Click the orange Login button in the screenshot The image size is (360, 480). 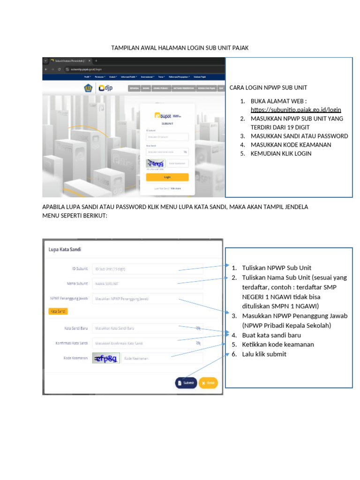[167, 177]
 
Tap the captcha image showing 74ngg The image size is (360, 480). [155, 163]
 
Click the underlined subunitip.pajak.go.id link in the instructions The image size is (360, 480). [296, 110]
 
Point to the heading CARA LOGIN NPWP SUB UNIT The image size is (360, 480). [268, 88]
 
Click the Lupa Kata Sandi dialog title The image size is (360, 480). [65, 250]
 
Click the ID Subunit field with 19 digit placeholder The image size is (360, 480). [147, 269]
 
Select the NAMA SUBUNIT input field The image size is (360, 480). [147, 284]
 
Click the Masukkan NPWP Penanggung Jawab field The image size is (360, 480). [147, 298]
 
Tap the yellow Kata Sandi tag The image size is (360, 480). [58, 311]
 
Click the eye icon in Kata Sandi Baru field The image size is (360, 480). [198, 328]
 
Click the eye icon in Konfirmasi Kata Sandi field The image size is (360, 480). [198, 343]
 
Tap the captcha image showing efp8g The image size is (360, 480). [106, 359]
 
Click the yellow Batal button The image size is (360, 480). [208, 383]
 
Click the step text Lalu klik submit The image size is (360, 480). [264, 354]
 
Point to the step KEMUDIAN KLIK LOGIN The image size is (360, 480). [281, 153]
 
